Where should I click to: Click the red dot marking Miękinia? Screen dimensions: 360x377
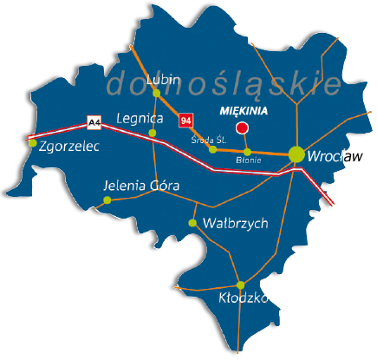[x=243, y=128]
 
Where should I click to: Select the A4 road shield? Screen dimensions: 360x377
[x=94, y=123]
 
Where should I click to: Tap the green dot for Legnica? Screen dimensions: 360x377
[x=153, y=133]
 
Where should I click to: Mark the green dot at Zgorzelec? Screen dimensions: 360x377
[x=32, y=144]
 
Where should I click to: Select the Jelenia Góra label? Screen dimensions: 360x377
[x=140, y=186]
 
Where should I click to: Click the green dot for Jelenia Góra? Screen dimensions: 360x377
[x=107, y=200]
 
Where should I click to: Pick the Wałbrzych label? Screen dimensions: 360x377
[x=234, y=223]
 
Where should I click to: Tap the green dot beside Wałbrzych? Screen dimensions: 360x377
[x=192, y=223]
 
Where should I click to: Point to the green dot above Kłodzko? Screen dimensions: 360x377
[x=241, y=285]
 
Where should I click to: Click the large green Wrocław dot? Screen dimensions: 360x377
[x=296, y=154]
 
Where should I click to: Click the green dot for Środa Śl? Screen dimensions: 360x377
[x=213, y=149]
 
